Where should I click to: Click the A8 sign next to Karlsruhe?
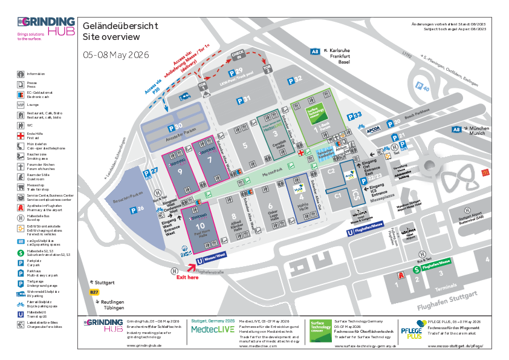tap(314, 52)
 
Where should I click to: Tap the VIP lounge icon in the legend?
tap(21, 104)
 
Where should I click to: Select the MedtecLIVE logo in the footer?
tap(213, 329)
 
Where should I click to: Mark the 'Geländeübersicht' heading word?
tap(120, 26)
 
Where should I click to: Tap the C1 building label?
tap(339, 195)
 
